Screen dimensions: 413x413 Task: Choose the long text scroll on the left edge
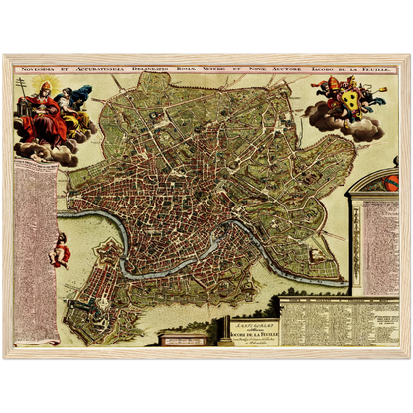point(36,248)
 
